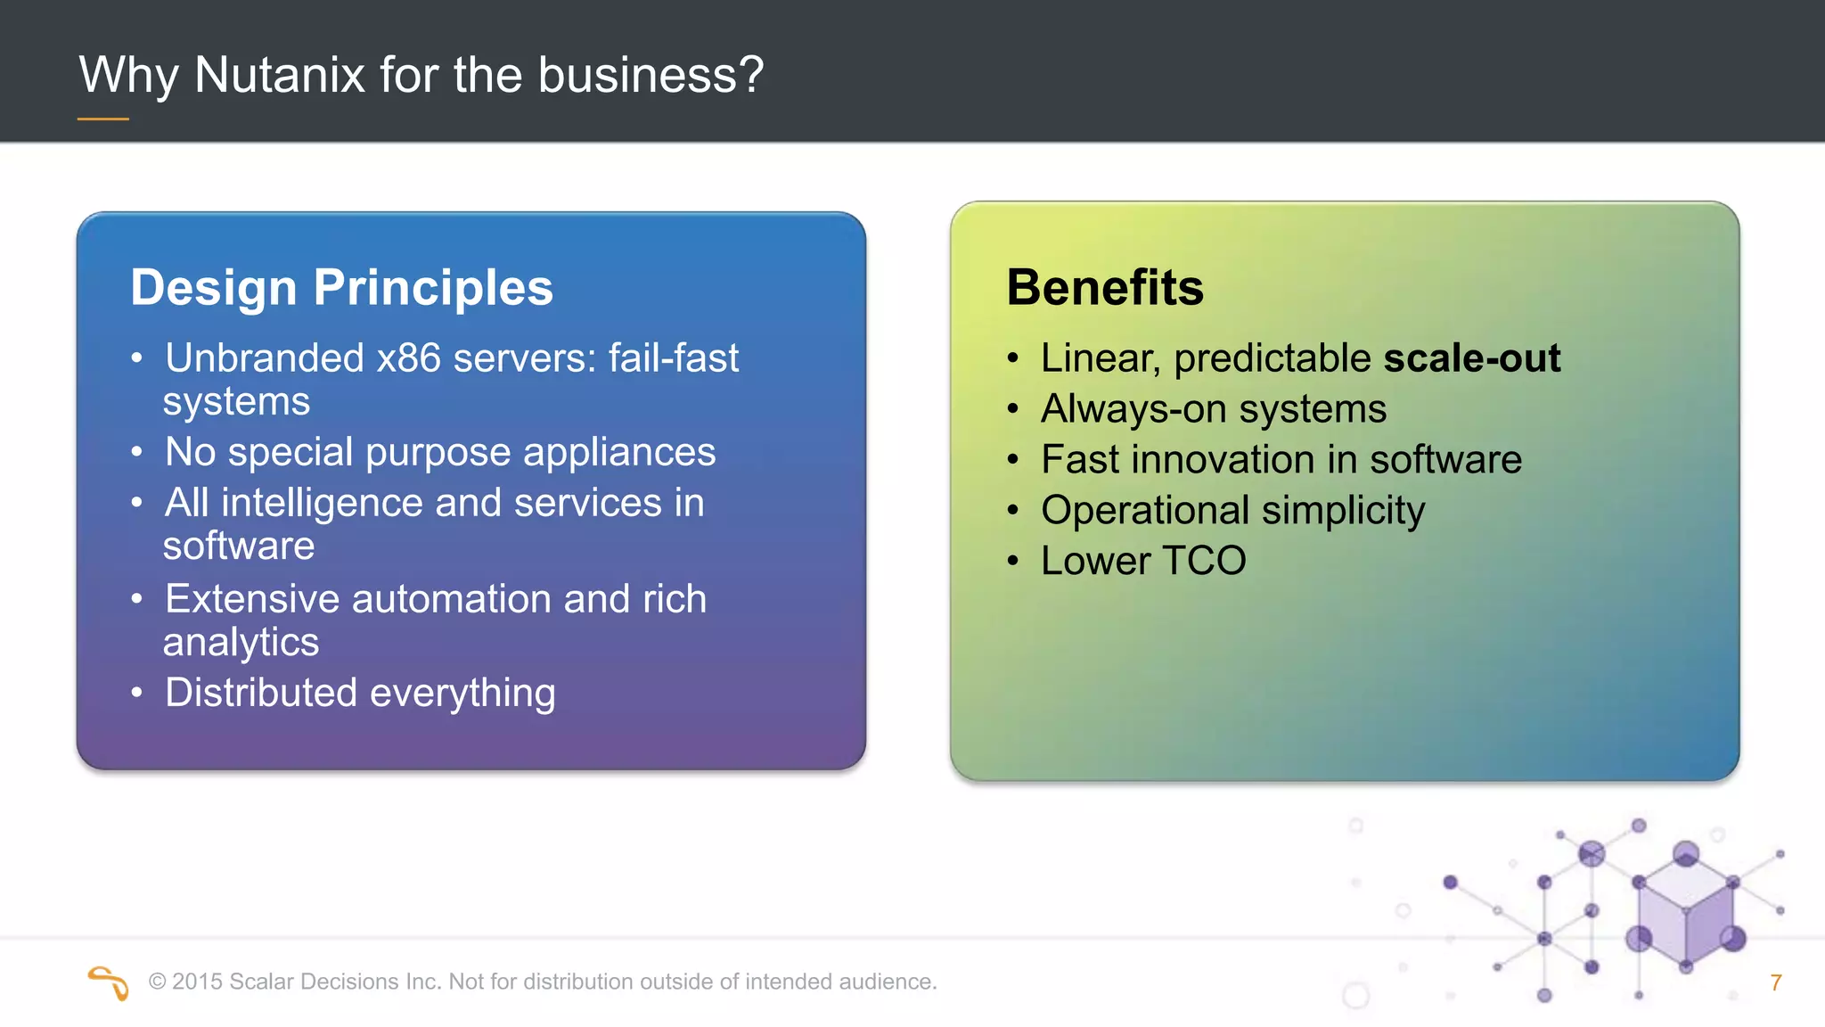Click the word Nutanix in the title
point(279,75)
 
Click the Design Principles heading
point(341,288)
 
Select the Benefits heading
point(1105,288)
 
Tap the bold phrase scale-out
point(1471,358)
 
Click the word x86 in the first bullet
point(408,358)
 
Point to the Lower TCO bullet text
point(1143,561)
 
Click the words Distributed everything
point(360,693)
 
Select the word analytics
point(241,643)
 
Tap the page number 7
point(1775,982)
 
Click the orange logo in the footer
point(109,982)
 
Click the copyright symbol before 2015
point(158,982)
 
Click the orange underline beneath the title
point(103,119)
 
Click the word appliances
point(618,452)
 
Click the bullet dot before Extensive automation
point(136,599)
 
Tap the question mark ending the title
point(750,75)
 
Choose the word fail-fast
point(674,358)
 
